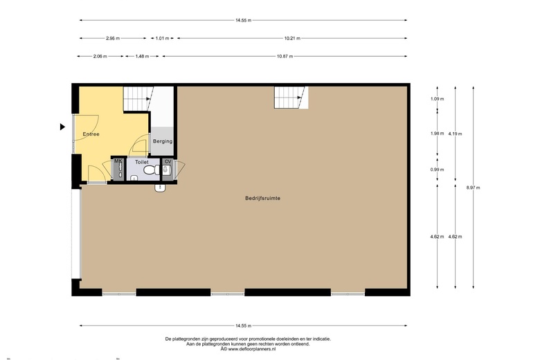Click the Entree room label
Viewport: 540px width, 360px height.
[x=91, y=134]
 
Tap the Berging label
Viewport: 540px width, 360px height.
[x=163, y=141]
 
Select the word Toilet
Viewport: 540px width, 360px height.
[x=142, y=161]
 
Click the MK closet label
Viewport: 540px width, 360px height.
[x=118, y=161]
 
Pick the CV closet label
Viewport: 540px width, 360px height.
[x=168, y=161]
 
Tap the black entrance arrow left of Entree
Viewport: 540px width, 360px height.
[x=62, y=127]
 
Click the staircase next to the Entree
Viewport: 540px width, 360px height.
[x=138, y=98]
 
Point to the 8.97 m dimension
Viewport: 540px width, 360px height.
[x=473, y=187]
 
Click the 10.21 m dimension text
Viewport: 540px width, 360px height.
[x=293, y=38]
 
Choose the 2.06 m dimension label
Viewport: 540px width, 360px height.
[x=100, y=56]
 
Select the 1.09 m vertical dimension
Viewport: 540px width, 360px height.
[x=437, y=99]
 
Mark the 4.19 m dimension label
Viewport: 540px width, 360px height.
[x=455, y=134]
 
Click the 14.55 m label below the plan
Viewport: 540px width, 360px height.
[x=243, y=325]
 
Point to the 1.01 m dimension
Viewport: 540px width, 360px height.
[x=161, y=38]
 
